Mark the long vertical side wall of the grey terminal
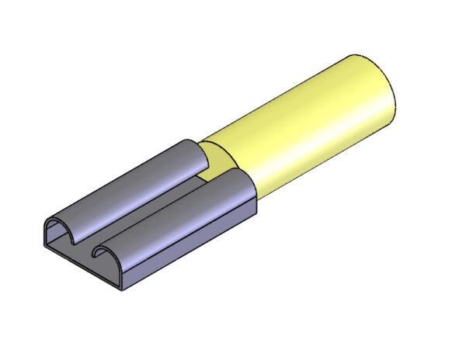click(194, 248)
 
